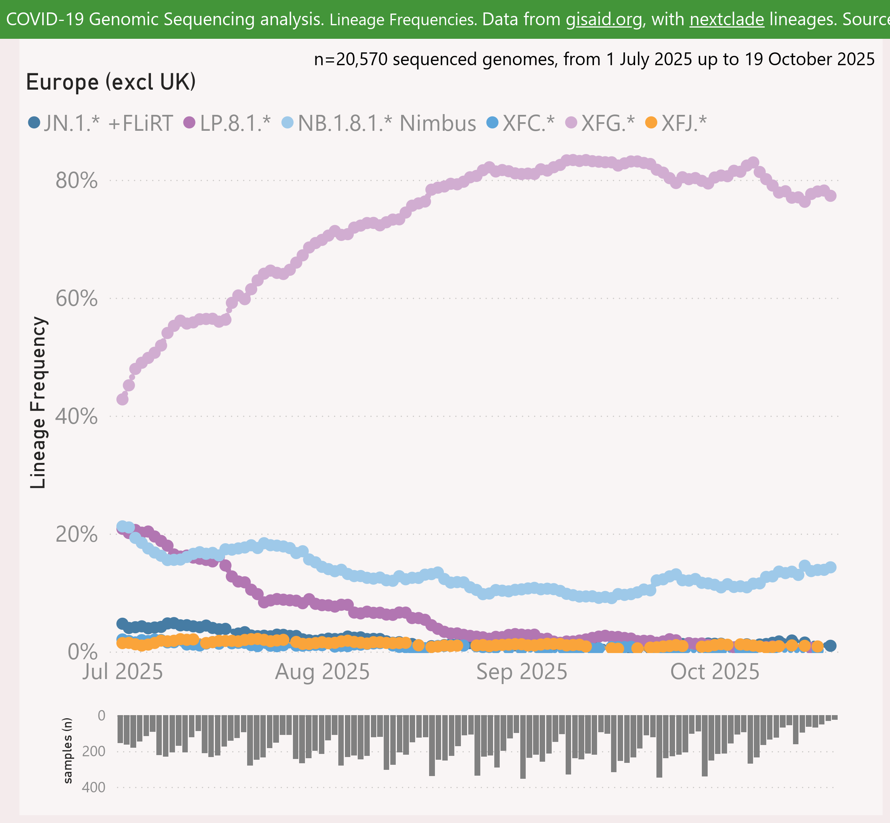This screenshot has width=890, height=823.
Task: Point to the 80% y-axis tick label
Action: coord(76,181)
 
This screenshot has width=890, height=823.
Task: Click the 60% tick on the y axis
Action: coord(76,298)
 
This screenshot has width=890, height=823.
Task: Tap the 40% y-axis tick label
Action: coord(76,416)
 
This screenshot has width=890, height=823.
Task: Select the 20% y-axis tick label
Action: coord(76,534)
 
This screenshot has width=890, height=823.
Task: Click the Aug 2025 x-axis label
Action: coord(322,672)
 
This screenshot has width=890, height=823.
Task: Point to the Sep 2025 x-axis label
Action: coord(522,672)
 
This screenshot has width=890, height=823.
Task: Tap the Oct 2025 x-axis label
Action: coord(715,672)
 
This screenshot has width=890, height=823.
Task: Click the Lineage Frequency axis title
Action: coord(38,403)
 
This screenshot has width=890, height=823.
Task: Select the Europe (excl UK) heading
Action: coord(111,82)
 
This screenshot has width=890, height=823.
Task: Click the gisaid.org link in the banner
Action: coord(604,19)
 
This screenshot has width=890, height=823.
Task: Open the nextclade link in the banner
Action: coord(727,19)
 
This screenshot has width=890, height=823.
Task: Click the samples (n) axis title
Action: coord(68,750)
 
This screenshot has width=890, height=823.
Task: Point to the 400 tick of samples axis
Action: coord(94,787)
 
